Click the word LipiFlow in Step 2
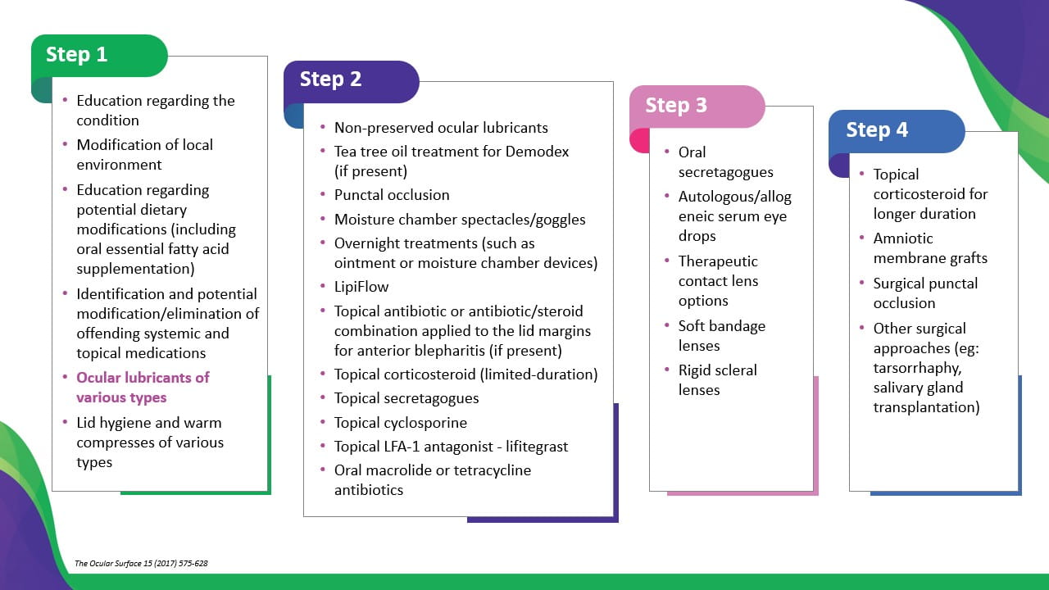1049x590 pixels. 361,287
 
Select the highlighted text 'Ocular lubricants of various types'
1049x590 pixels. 143,388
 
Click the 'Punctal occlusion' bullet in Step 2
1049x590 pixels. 392,195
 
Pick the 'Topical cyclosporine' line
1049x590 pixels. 400,423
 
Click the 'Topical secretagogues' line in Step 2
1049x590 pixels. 406,398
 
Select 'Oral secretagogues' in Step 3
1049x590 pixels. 725,162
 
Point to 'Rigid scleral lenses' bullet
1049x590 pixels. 717,380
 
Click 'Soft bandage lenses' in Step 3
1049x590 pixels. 721,336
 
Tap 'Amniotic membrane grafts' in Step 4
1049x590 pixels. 930,248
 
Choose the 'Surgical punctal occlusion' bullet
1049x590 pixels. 925,293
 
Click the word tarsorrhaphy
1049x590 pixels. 916,368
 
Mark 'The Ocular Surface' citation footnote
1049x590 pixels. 141,564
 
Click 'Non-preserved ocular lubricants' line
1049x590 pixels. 441,128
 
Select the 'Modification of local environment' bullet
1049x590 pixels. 144,155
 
